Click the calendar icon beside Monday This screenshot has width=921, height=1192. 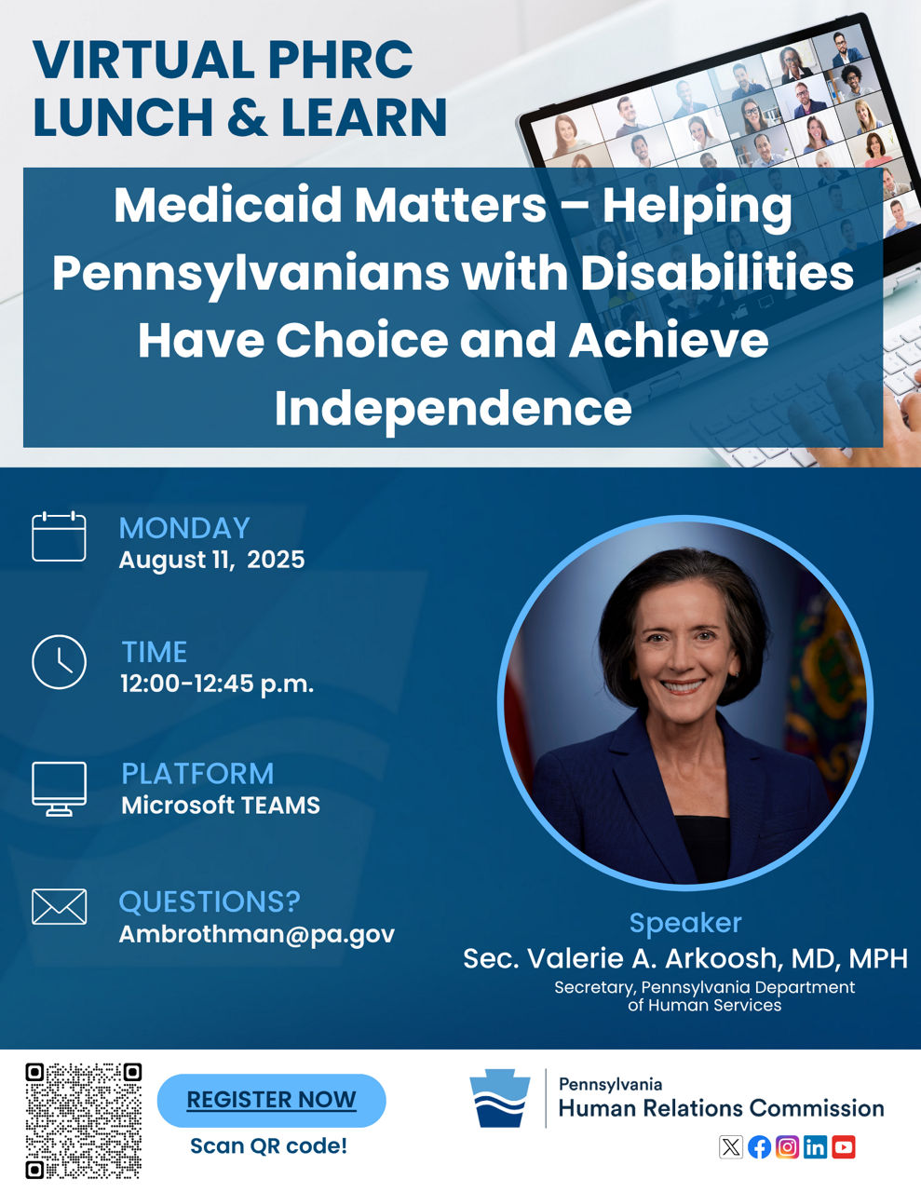59,536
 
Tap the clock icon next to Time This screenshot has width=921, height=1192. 59,662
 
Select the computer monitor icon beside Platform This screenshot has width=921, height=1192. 59,789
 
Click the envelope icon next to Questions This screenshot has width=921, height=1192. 59,907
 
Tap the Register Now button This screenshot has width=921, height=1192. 272,1101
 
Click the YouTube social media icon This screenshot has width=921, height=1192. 844,1147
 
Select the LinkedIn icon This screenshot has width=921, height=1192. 815,1147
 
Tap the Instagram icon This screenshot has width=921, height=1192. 787,1147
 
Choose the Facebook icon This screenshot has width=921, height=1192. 759,1147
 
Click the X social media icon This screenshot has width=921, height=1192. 731,1147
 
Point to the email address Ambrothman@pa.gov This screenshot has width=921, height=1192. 257,934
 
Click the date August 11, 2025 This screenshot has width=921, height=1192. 211,560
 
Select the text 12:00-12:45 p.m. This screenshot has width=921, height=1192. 217,684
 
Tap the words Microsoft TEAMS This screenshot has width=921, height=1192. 221,806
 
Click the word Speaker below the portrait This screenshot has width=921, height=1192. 685,923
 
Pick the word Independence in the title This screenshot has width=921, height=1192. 454,410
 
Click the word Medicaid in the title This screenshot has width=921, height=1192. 227,205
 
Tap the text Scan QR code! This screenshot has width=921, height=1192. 269,1146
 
